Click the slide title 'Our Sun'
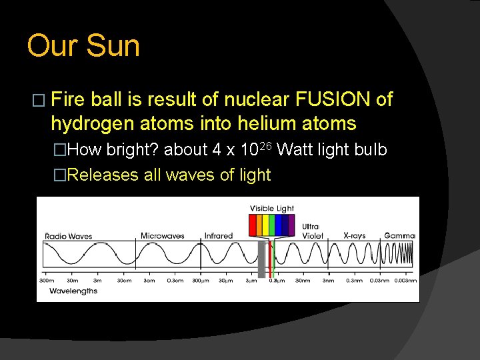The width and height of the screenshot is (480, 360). (x=83, y=47)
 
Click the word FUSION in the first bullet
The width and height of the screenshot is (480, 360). (x=332, y=100)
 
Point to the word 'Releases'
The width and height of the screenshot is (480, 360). (x=102, y=175)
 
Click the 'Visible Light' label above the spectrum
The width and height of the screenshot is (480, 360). (x=272, y=209)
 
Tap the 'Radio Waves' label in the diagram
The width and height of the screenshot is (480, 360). (x=68, y=236)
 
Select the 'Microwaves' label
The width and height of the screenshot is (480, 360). (x=162, y=236)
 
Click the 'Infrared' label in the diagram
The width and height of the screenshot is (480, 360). (x=219, y=236)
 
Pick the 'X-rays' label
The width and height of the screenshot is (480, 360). (x=354, y=236)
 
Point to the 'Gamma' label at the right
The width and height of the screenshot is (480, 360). (x=399, y=236)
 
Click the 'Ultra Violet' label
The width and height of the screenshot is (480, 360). (x=312, y=231)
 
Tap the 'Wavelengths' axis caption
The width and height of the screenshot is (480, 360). (x=73, y=291)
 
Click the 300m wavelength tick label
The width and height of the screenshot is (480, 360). (x=47, y=281)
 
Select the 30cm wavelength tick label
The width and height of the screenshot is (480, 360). (x=125, y=281)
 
